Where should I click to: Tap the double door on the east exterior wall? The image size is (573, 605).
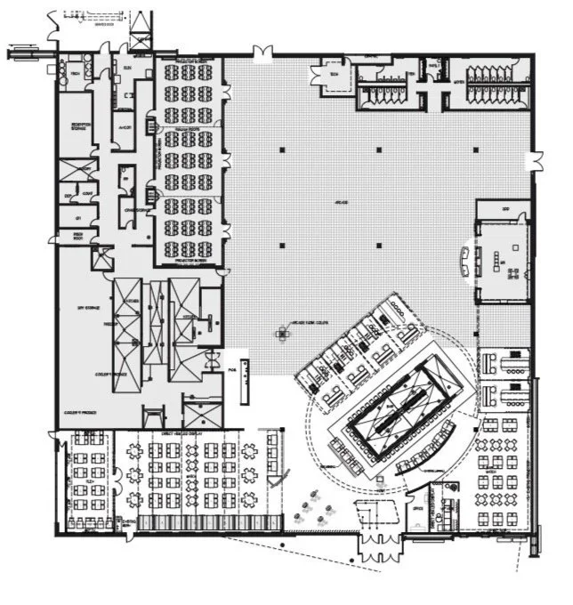(x=536, y=161)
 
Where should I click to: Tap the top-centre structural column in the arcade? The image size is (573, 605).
(x=377, y=149)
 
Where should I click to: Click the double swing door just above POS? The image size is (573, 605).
(x=214, y=358)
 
